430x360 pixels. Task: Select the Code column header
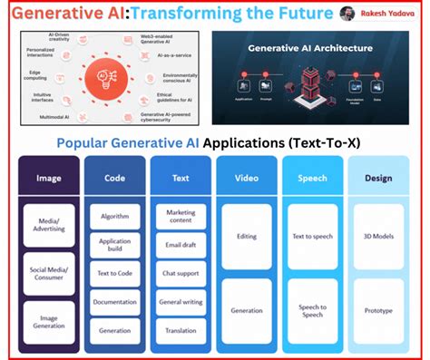click(x=114, y=179)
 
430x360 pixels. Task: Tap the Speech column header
click(x=313, y=179)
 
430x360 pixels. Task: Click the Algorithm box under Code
click(x=114, y=217)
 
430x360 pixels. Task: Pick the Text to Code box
click(x=114, y=274)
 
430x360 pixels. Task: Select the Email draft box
click(x=181, y=244)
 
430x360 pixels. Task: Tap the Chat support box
click(x=181, y=274)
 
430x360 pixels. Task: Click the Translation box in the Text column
click(x=181, y=330)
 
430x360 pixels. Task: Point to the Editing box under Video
click(x=246, y=236)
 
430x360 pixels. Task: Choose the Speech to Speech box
click(x=313, y=310)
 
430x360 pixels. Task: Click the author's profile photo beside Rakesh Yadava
click(x=347, y=14)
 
